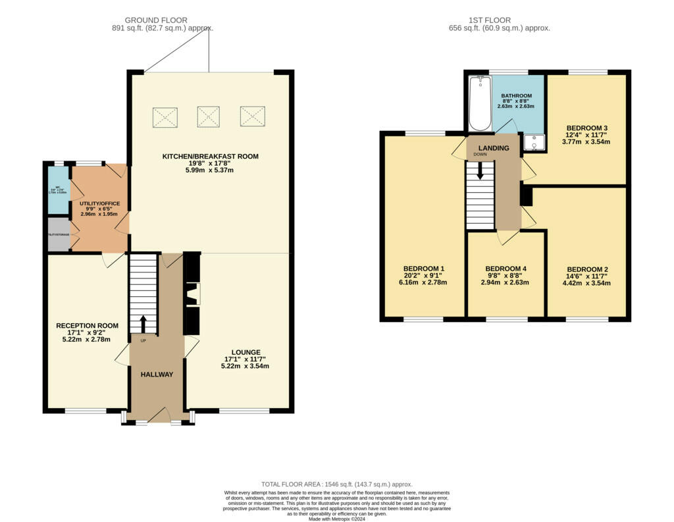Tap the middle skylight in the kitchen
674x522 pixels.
tap(208, 117)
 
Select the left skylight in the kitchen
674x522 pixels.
tap(165, 117)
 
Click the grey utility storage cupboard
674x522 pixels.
tap(58, 235)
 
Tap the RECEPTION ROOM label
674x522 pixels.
tap(87, 326)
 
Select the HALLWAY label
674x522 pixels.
tap(157, 375)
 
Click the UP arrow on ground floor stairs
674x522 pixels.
tap(143, 325)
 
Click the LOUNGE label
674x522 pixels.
tap(246, 352)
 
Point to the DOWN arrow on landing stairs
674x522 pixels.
tap(480, 170)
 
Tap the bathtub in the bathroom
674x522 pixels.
tap(479, 104)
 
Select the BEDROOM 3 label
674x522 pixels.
tap(579, 128)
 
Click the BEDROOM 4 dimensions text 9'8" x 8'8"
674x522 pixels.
tap(505, 276)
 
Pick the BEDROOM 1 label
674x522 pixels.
tap(423, 269)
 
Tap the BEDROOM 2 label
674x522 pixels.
tap(586, 269)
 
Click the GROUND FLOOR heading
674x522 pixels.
tap(156, 20)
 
